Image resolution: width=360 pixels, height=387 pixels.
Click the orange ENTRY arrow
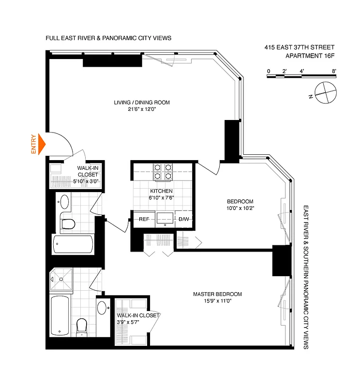click(42, 144)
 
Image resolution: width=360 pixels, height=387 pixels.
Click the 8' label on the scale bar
click(334, 71)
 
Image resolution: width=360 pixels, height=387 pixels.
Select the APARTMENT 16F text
click(310, 56)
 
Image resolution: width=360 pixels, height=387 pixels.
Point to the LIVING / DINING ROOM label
click(142, 103)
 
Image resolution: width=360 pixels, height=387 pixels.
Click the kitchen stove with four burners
click(163, 172)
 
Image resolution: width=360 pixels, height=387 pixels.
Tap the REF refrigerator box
click(144, 219)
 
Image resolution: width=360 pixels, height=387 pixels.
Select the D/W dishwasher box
click(183, 219)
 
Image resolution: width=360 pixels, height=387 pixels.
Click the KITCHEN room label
click(161, 191)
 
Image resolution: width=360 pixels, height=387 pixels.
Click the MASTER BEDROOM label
click(217, 294)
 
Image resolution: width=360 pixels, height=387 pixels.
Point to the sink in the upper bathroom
click(63, 201)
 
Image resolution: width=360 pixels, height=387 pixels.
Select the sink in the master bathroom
click(102, 307)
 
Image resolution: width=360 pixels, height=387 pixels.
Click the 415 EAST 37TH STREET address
click(300, 47)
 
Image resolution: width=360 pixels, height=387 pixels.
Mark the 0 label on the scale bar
click(268, 71)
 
